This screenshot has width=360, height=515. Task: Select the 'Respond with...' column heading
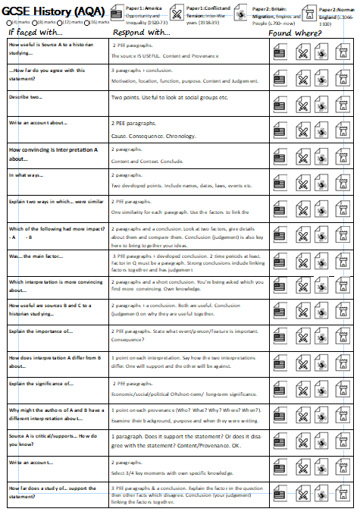coord(141,34)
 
